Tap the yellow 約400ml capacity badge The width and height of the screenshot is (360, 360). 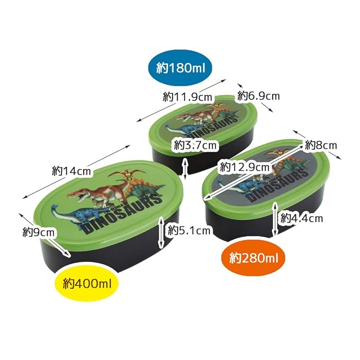(x=87, y=282)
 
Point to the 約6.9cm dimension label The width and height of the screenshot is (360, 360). (x=258, y=96)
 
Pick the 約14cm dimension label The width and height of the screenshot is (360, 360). (x=71, y=171)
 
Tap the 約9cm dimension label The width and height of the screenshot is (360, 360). (x=39, y=231)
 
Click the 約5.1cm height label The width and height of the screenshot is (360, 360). (x=190, y=229)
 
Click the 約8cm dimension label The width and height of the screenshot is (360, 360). (x=321, y=145)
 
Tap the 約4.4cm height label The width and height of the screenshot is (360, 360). (x=301, y=217)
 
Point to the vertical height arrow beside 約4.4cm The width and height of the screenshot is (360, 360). (x=274, y=220)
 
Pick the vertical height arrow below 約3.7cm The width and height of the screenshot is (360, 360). (x=187, y=165)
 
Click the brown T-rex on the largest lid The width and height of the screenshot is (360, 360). (x=93, y=194)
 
